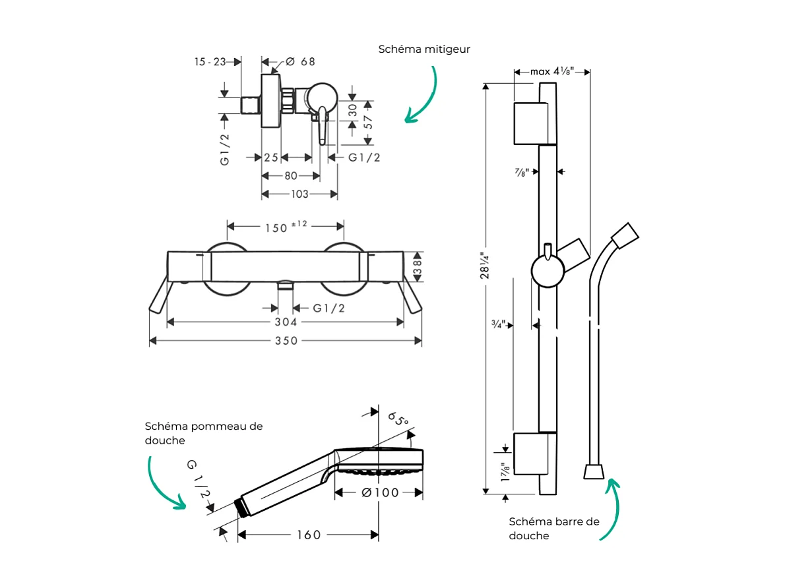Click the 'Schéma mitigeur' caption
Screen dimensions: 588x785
point(424,49)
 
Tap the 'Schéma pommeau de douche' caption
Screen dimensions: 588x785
point(203,433)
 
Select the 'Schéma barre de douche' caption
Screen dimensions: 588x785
point(553,528)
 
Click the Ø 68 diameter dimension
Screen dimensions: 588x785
point(300,62)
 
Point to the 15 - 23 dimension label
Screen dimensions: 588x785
point(210,62)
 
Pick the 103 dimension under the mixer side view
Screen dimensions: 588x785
point(299,194)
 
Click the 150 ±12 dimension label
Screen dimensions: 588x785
point(286,227)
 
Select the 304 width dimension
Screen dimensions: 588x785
point(286,322)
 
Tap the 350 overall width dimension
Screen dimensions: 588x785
point(286,341)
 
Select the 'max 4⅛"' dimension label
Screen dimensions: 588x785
point(552,71)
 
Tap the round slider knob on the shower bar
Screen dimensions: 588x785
point(548,272)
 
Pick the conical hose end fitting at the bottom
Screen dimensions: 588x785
point(593,471)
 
